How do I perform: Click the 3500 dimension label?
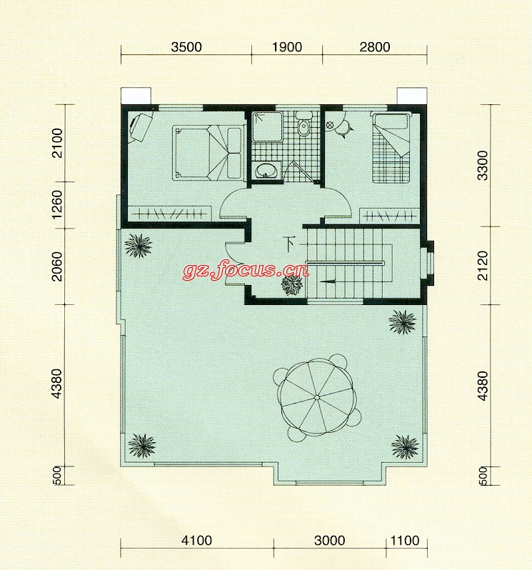tap(186, 47)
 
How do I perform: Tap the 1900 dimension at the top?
tap(287, 47)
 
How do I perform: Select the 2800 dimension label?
tap(375, 47)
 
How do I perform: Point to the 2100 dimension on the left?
tap(57, 143)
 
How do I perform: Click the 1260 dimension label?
tap(57, 205)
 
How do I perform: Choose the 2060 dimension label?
tap(57, 266)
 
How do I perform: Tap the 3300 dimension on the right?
tap(483, 166)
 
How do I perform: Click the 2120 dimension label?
tap(483, 266)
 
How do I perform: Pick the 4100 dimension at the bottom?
tap(196, 541)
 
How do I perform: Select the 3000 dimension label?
tap(330, 541)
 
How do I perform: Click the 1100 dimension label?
tap(405, 541)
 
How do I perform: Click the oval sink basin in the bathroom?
tap(266, 170)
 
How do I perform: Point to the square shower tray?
tap(268, 126)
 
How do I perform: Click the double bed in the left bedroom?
tap(209, 152)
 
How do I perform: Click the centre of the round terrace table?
tap(317, 397)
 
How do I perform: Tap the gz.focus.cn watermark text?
tap(246, 269)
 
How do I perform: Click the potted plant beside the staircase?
tap(292, 284)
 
